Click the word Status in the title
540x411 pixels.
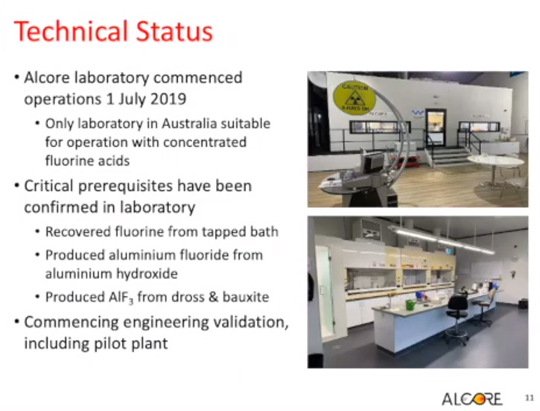coord(174,31)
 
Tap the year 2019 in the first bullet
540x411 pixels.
coord(168,99)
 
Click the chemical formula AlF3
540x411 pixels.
coord(121,297)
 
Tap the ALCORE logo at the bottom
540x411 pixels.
coord(471,399)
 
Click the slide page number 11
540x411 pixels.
coord(529,398)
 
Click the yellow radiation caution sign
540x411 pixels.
coord(355,98)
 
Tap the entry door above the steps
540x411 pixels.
coord(435,128)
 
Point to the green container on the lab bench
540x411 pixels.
coord(410,304)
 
